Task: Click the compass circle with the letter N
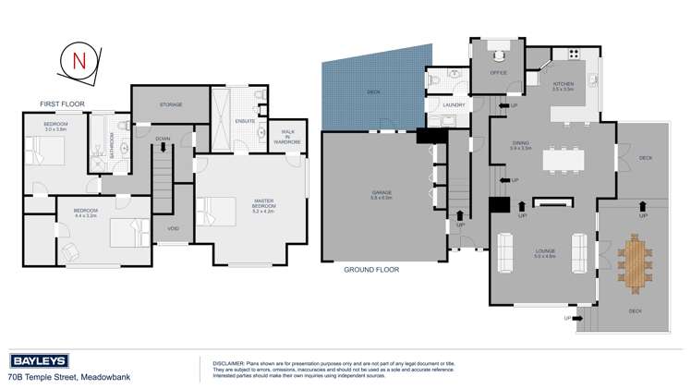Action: point(79,62)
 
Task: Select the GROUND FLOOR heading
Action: point(370,270)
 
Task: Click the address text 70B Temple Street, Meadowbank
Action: point(60,377)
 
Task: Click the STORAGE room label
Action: point(171,105)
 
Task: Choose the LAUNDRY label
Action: point(454,105)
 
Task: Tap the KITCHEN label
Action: point(563,85)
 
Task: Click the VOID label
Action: point(173,228)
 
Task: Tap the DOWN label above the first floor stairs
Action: point(163,139)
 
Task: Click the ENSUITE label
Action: point(246,120)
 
